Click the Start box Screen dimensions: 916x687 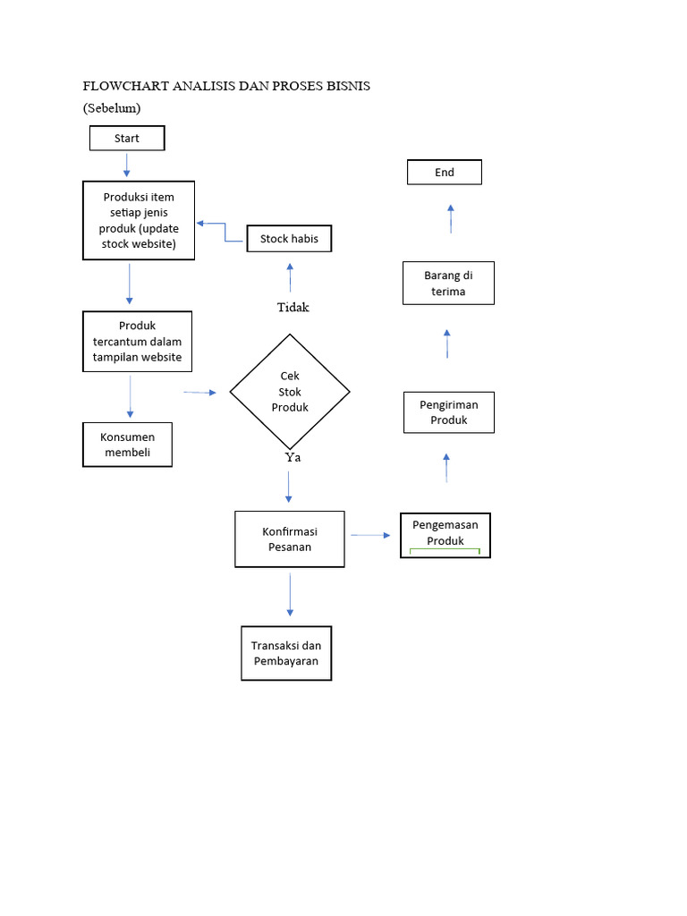pos(127,139)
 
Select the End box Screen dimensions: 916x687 pos(445,172)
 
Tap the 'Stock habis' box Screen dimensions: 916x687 pos(289,239)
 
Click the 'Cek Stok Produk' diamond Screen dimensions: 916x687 pos(290,392)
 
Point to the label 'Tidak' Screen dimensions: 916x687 pos(293,307)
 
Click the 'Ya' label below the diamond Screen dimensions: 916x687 pos(293,457)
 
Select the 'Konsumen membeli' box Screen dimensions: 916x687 pos(127,445)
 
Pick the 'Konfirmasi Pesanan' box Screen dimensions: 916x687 pos(290,539)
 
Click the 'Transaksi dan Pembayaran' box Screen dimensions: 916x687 pos(286,653)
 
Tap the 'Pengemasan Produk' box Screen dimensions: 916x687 pos(445,534)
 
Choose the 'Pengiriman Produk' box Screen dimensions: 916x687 pos(448,412)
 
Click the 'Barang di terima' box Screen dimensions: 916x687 pos(448,284)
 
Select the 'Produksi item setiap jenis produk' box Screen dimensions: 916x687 pos(139,221)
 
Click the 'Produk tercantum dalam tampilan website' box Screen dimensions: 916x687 pos(137,342)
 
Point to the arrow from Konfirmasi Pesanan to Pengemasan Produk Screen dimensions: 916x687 pos(371,535)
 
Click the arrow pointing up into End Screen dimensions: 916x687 pos(451,218)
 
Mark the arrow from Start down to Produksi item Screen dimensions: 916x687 pos(127,165)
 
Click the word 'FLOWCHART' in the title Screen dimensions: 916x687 pos(122,87)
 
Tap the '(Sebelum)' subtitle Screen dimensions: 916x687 pos(112,108)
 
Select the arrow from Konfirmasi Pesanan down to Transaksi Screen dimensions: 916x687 pos(290,595)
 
